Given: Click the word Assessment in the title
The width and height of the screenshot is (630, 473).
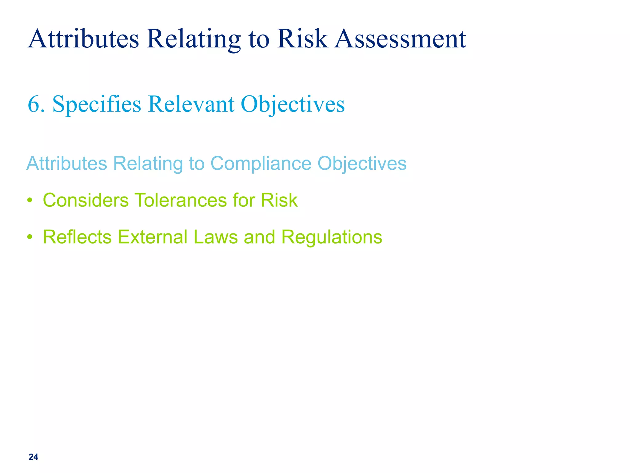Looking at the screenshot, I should pyautogui.click(x=400, y=39).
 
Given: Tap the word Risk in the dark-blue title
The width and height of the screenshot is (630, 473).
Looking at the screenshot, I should pyautogui.click(x=302, y=39).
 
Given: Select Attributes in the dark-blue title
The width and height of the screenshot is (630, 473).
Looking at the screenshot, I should pyautogui.click(x=83, y=39).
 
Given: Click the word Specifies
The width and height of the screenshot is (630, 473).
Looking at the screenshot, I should pyautogui.click(x=97, y=104).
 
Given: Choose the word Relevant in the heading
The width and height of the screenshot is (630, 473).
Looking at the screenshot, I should pyautogui.click(x=191, y=104).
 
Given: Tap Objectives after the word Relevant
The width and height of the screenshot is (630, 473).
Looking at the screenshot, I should pyautogui.click(x=293, y=104).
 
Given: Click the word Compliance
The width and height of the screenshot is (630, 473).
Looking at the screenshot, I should pyautogui.click(x=261, y=163).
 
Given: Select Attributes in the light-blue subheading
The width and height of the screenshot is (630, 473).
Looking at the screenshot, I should pyautogui.click(x=67, y=163).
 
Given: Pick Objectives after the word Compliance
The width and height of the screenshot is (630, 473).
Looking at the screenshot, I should pyautogui.click(x=362, y=163).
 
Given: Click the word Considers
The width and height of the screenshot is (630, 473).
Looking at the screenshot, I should pyautogui.click(x=86, y=200).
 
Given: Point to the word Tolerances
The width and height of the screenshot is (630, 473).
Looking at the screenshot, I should pyautogui.click(x=180, y=200).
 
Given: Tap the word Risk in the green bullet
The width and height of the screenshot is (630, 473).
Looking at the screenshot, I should pyautogui.click(x=279, y=200).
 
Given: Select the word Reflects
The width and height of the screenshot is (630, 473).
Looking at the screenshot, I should pyautogui.click(x=77, y=237).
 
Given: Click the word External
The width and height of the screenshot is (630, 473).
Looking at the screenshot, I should pyautogui.click(x=153, y=237).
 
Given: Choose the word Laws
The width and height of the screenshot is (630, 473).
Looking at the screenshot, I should pyautogui.click(x=216, y=237).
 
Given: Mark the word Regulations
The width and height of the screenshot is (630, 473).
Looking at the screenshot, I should pyautogui.click(x=332, y=237).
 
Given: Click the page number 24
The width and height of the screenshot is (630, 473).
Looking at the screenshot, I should pyautogui.click(x=33, y=457).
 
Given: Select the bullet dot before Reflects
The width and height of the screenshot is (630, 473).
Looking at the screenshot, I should pyautogui.click(x=30, y=237).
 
